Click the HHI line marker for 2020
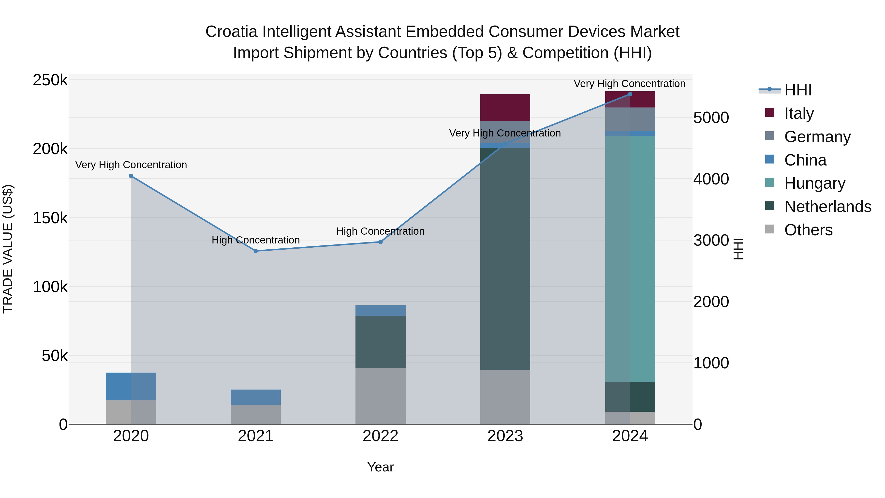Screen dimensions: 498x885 (131, 176)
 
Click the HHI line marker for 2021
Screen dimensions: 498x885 (256, 251)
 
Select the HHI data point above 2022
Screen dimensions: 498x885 (380, 242)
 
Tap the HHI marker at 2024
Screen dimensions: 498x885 (630, 94)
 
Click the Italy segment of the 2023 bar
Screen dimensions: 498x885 (505, 107)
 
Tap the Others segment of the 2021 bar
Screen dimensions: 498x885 (256, 414)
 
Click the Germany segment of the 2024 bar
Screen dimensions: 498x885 (630, 119)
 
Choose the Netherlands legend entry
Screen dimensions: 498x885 (827, 207)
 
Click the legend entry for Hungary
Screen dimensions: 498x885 (814, 183)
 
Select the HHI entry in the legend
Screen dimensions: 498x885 (798, 90)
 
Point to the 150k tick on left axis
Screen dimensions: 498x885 (50, 218)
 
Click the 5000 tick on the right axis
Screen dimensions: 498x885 (711, 118)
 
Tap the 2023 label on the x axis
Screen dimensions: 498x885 (505, 436)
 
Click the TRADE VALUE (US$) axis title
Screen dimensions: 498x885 (8, 249)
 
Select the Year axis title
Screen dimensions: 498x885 (380, 467)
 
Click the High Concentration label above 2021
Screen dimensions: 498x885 (256, 240)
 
